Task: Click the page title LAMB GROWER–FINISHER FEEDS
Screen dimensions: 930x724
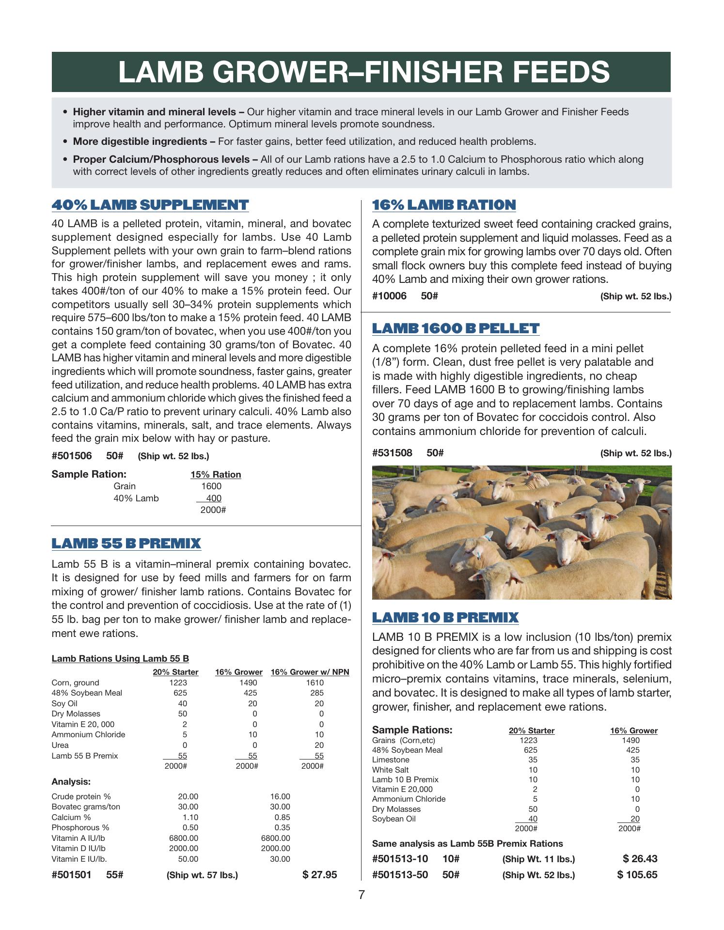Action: coord(363,72)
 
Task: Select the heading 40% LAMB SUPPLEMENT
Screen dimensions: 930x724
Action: coord(150,205)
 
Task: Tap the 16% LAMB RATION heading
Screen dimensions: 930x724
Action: coord(443,205)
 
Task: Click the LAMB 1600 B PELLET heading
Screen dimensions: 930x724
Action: coord(456,328)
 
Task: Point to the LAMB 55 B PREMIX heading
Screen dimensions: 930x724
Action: coord(126,543)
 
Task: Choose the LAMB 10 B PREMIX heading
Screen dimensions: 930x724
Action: coord(445,618)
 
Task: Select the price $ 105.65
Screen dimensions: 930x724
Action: coord(637,875)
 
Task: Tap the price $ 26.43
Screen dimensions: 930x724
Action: coord(640,859)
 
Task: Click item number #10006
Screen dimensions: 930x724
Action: coord(389,296)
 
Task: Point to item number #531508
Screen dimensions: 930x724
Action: coord(392,453)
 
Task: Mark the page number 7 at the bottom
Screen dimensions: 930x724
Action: coord(362,895)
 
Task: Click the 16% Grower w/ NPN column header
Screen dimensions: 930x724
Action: coord(310,672)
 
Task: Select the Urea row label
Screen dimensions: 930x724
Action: coord(60,745)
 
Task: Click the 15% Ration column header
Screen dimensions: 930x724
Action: coord(216,475)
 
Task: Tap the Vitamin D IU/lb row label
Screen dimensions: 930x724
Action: coord(78,848)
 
